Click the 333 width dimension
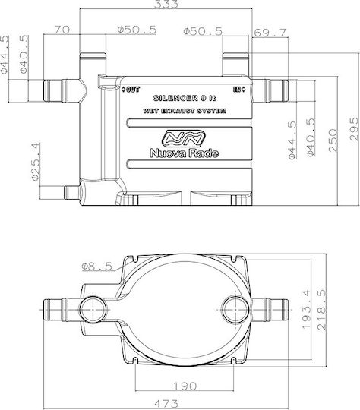[x=166, y=4]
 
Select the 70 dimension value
[x=62, y=30]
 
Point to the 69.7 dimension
[x=270, y=33]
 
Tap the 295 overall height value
[x=354, y=129]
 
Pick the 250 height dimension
[x=333, y=140]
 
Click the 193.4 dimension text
[x=306, y=309]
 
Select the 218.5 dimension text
[x=321, y=309]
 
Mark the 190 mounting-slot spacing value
[x=185, y=386]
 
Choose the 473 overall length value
[x=166, y=403]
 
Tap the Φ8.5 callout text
[x=96, y=266]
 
